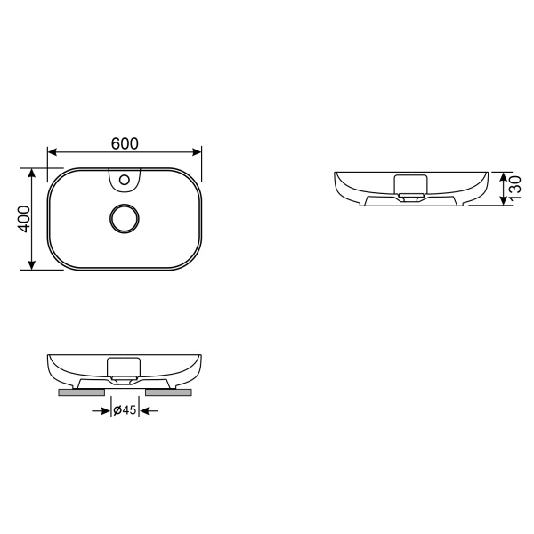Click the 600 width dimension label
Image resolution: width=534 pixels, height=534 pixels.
point(124,143)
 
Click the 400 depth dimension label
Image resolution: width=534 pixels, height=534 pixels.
point(25,218)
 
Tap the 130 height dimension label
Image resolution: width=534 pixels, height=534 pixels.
point(514,188)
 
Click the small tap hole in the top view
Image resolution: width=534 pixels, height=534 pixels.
point(124,182)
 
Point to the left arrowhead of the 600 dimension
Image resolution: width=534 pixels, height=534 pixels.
point(52,152)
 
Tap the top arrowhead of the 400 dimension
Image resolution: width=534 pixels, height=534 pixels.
point(34,171)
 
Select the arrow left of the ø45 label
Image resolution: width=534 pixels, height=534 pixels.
point(102,410)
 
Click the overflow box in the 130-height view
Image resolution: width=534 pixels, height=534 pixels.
point(410,183)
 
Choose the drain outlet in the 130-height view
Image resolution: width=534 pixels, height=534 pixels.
point(410,199)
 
